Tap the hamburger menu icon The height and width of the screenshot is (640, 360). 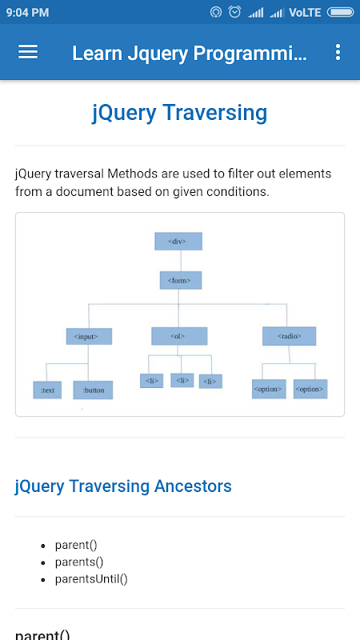[x=28, y=52]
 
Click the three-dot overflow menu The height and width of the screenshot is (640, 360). [x=338, y=52]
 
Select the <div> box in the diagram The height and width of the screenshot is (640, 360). [x=178, y=242]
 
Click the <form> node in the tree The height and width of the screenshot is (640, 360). [x=181, y=281]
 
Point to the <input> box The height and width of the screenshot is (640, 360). [x=89, y=336]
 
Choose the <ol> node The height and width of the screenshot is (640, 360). [x=179, y=336]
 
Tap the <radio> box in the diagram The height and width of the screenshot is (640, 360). [x=289, y=336]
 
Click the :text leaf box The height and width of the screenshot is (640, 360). [x=47, y=390]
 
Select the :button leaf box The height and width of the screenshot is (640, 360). [x=93, y=390]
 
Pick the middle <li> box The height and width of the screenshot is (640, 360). [x=182, y=381]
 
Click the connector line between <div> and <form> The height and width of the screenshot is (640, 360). [x=181, y=261]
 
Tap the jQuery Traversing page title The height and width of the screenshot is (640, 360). [x=179, y=113]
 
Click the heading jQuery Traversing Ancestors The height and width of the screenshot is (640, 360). [x=123, y=486]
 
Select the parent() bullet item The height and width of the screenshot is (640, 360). [x=76, y=545]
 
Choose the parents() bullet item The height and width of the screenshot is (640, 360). [x=79, y=562]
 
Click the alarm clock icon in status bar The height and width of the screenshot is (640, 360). [x=234, y=12]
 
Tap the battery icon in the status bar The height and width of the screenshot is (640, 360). [x=341, y=13]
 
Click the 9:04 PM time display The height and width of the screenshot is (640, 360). [x=28, y=13]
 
